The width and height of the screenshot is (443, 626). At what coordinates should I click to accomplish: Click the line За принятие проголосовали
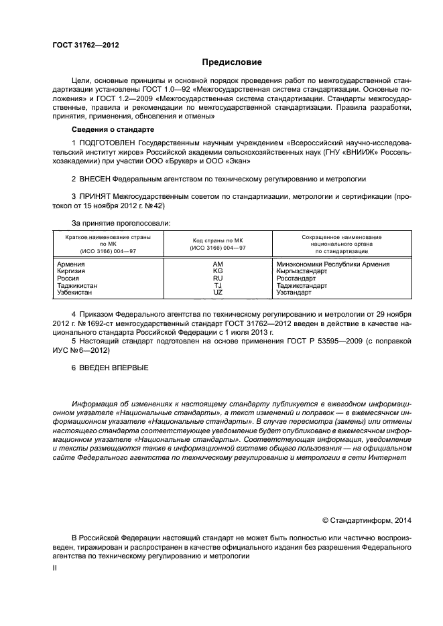click(x=121, y=222)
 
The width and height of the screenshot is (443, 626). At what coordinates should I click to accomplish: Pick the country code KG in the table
click(x=218, y=272)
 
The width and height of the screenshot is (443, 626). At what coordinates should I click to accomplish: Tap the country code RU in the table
click(x=218, y=279)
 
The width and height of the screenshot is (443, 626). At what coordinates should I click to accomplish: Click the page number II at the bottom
click(x=56, y=567)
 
